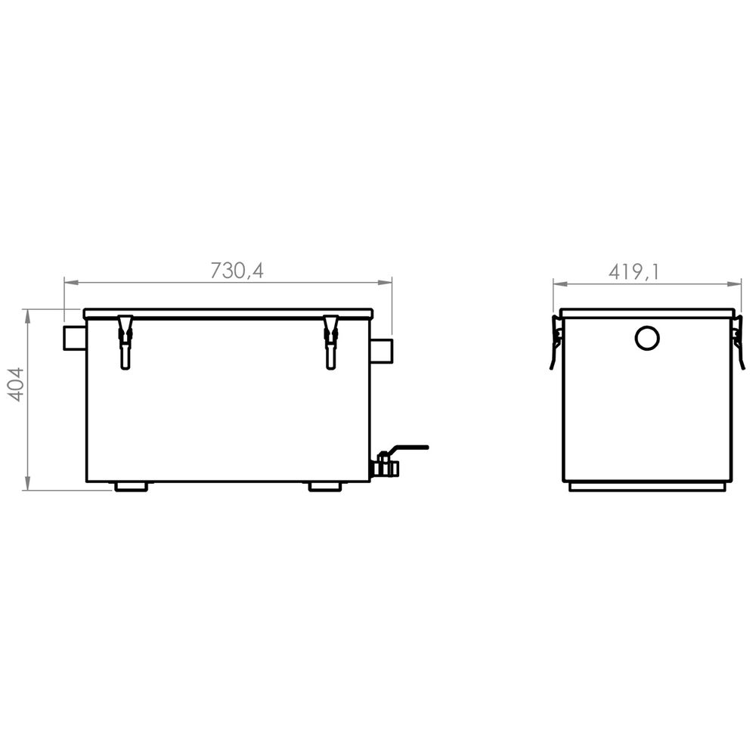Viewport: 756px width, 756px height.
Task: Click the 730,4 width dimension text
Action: (237, 270)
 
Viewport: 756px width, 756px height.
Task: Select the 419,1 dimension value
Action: (634, 271)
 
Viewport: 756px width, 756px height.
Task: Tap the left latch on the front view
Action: (125, 341)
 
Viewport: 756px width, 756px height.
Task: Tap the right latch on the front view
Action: (330, 341)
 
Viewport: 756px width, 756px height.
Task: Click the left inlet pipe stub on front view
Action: (74, 337)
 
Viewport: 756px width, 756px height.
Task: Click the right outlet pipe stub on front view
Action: (382, 350)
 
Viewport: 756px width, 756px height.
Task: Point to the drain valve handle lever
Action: (409, 448)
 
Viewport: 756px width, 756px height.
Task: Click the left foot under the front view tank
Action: (131, 487)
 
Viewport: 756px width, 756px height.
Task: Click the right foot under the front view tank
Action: (325, 487)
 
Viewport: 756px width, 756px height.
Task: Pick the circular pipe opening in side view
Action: (647, 338)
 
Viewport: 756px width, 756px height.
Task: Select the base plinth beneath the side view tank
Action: (647, 487)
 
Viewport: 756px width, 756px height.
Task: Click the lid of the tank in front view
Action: (228, 313)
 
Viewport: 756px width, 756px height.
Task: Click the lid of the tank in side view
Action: (647, 313)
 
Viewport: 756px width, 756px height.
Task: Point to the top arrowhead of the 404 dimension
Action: (28, 314)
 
